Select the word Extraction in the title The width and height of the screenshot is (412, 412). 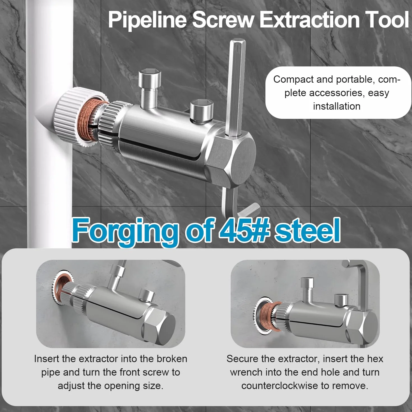[309, 20]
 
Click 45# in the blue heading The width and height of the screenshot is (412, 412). [244, 230]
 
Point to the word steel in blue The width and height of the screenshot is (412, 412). [307, 230]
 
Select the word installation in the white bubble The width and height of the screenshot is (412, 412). [337, 106]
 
